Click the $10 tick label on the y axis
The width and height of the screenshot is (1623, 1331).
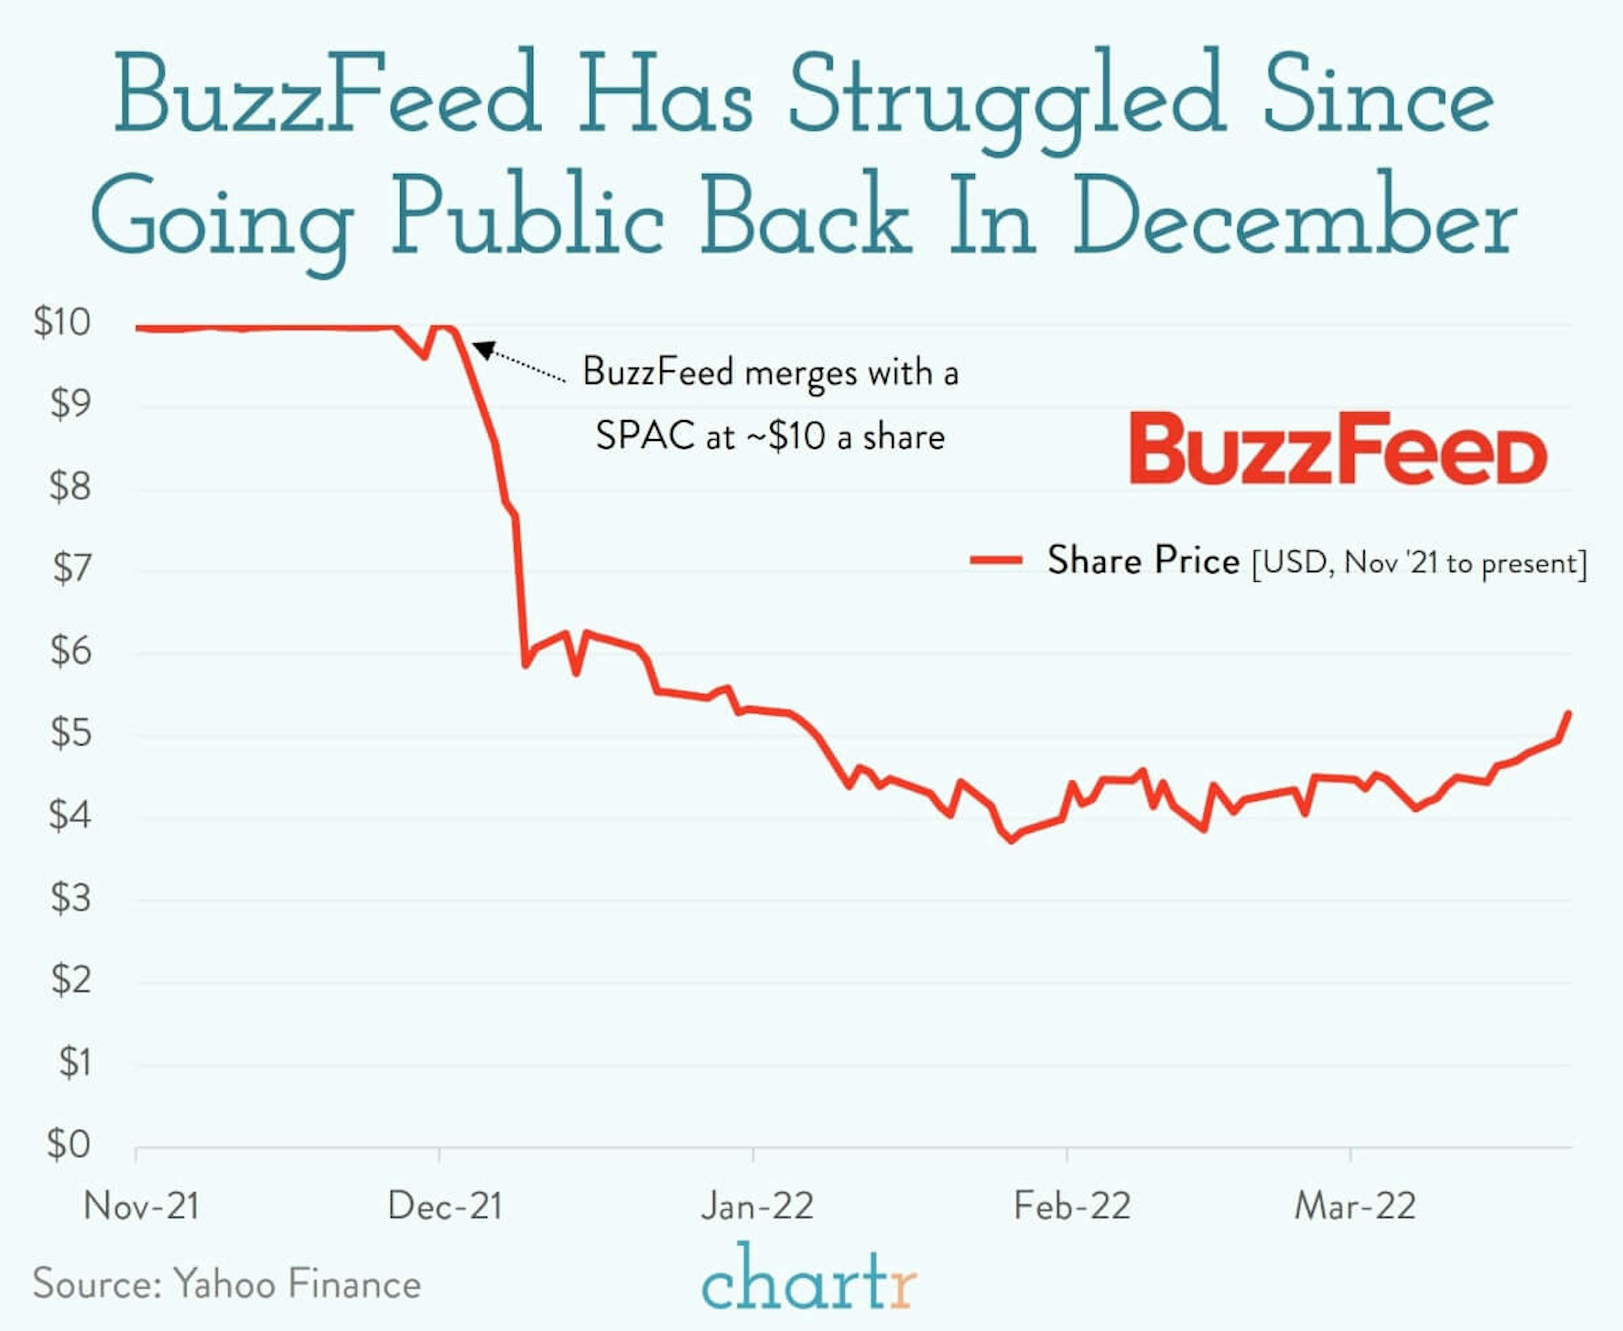point(61,322)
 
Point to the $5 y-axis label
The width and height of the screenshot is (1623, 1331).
point(71,733)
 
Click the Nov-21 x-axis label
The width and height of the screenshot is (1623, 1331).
point(141,1206)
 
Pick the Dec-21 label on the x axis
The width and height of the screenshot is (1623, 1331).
point(445,1206)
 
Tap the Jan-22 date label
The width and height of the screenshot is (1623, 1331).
point(757,1206)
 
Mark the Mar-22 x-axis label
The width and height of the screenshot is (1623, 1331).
point(1355,1206)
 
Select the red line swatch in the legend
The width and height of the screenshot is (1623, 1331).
point(996,561)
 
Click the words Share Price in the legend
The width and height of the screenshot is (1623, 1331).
point(1143,561)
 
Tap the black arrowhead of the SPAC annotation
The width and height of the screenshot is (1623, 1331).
point(482,350)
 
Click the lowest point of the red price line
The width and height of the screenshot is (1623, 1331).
point(1012,840)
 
